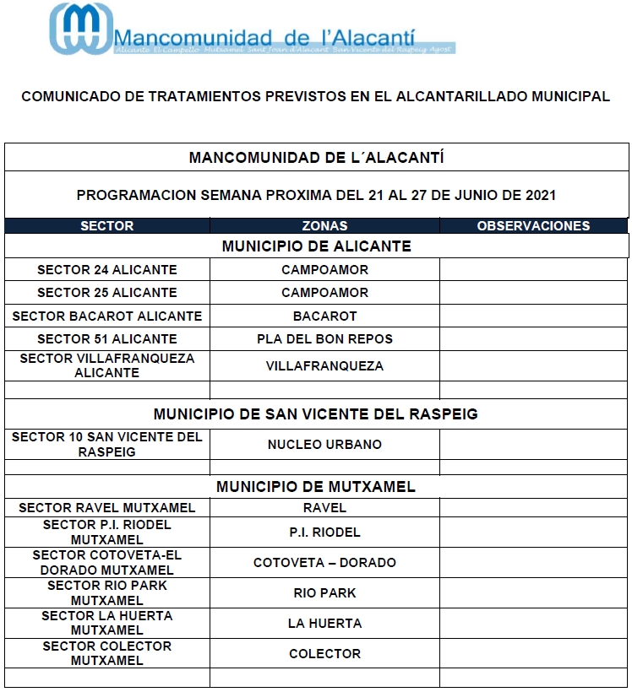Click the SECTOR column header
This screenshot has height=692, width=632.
107,226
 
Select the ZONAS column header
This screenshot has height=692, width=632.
324,226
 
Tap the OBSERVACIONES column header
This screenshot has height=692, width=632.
533,226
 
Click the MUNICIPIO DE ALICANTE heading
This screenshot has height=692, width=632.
316,246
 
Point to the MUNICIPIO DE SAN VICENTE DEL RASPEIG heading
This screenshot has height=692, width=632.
316,414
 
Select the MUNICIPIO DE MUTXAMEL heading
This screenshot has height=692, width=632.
316,487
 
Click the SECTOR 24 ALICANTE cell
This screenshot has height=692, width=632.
107,270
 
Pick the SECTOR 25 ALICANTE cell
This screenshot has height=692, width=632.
107,293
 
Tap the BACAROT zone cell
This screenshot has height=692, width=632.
324,316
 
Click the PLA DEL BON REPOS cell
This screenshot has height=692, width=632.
324,339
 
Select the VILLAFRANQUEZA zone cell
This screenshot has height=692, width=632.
324,366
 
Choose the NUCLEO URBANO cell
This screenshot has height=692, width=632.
324,445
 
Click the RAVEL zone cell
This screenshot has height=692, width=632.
324,508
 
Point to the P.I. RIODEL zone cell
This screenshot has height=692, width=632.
324,533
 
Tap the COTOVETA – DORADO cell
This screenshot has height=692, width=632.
324,563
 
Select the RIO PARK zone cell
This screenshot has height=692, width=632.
324,593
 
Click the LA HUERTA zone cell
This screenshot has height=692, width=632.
324,624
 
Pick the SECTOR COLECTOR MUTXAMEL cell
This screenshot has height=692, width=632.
107,653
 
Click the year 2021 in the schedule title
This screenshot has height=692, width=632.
540,196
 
